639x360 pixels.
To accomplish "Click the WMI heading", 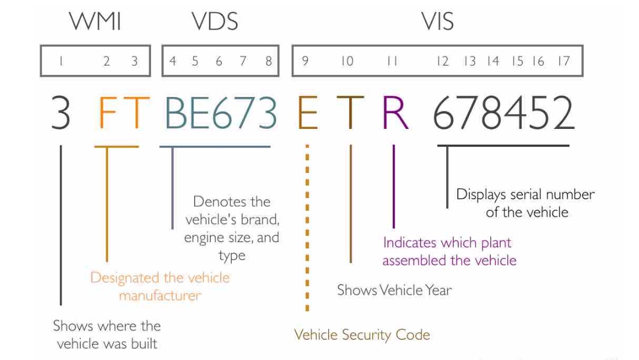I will coord(95,22).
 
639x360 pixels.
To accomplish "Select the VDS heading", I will coord(214,22).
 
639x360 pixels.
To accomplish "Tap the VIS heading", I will coord(437,22).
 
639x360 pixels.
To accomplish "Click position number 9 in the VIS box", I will coord(304,61).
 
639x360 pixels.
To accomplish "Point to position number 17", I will coord(563,61).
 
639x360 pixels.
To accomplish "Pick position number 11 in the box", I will coord(392,61).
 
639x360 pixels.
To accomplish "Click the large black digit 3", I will coord(60,113).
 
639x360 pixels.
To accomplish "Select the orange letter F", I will coord(107,113).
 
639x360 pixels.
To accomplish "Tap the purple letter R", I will coord(395,113).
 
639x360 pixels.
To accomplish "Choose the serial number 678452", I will coord(503,113).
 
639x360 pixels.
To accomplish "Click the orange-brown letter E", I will coord(307,113).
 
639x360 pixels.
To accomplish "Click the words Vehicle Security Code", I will coord(362,334).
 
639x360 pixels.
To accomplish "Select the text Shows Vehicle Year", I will coord(394,290).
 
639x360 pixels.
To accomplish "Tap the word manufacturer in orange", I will coord(160,296).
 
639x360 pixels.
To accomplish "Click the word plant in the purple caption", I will coord(495,243).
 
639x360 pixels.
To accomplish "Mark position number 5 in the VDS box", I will coord(195,61).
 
